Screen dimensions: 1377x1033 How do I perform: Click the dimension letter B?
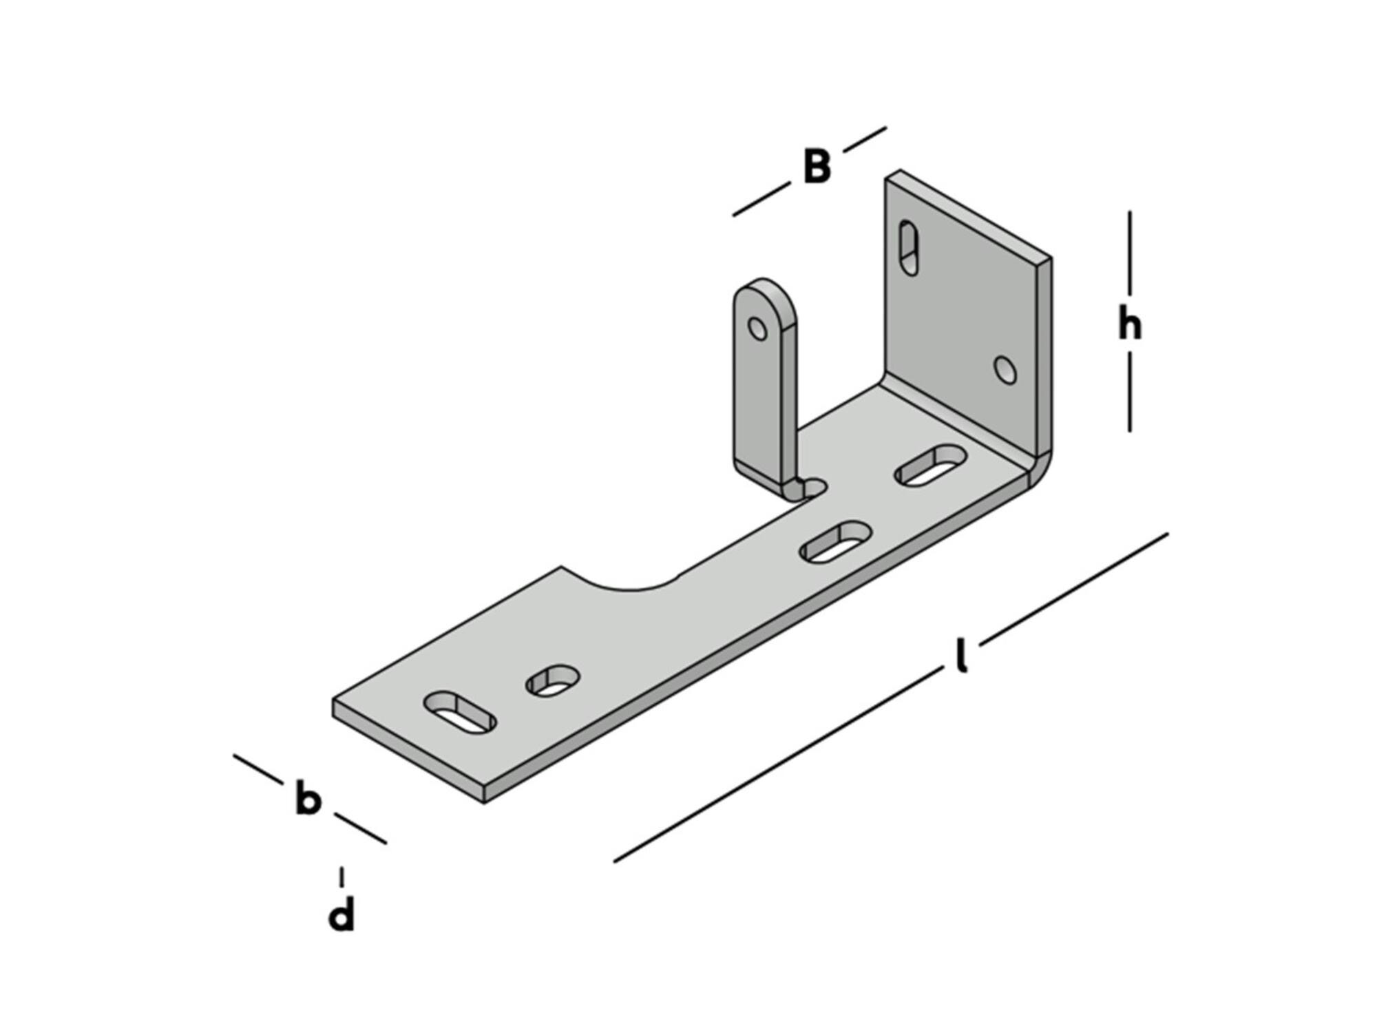pos(817,167)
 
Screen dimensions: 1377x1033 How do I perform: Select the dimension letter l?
pos(963,655)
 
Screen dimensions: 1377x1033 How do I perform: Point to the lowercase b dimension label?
pos(308,797)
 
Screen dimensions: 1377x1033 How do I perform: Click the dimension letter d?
pos(341,913)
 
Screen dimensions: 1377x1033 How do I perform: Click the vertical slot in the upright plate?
pos(909,248)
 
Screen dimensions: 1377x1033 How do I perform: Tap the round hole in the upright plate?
pos(1006,370)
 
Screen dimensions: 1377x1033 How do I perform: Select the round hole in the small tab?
pos(757,328)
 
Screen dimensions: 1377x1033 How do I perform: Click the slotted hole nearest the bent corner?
pos(931,466)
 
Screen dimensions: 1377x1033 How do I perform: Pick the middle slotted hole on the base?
pos(836,541)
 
